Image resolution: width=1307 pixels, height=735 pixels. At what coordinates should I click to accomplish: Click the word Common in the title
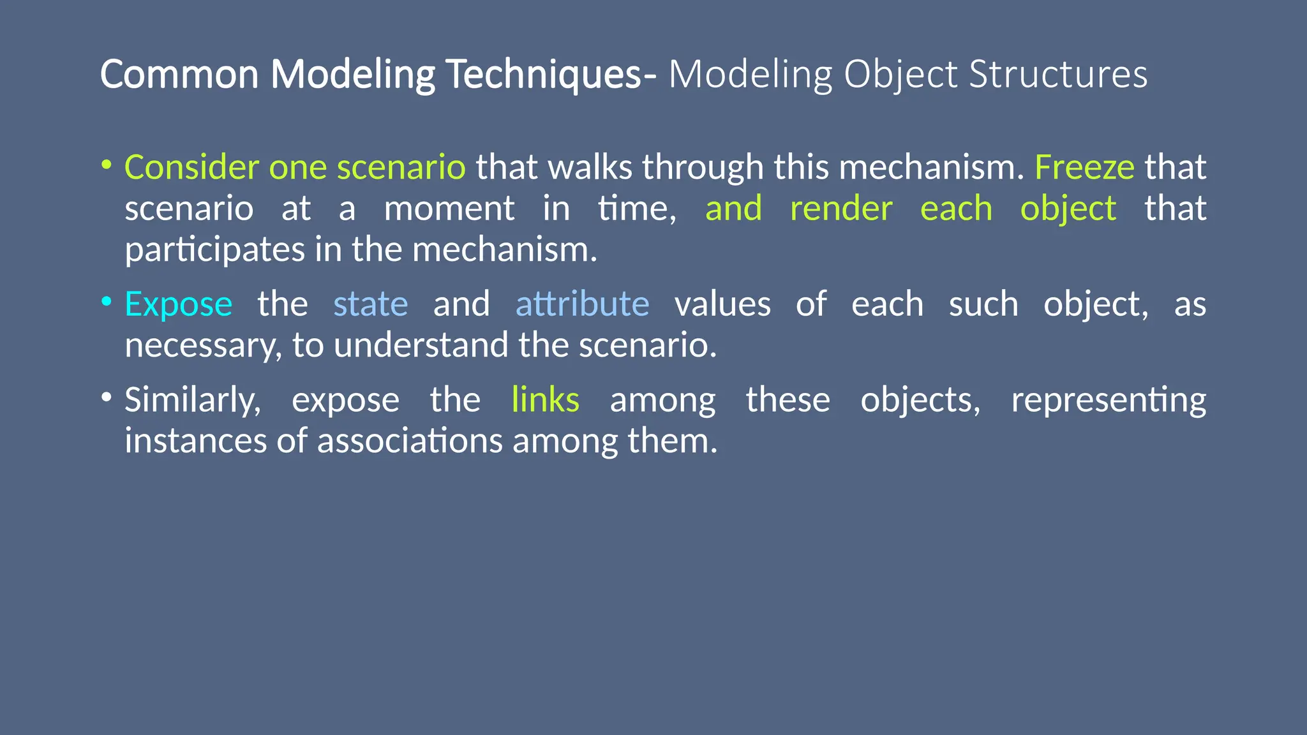coord(179,74)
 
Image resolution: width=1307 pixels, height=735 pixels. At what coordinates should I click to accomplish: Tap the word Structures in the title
coord(1058,74)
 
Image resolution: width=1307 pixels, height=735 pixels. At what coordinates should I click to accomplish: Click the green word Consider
coord(191,167)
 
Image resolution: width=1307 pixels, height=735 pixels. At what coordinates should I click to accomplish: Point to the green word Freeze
coord(1084,167)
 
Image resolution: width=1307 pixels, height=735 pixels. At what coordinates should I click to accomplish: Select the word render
coord(841,209)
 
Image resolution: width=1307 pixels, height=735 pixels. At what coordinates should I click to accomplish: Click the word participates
coord(214,249)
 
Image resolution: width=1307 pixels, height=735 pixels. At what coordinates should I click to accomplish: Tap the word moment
coord(449,209)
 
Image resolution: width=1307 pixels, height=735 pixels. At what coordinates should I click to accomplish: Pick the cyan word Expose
coord(179,304)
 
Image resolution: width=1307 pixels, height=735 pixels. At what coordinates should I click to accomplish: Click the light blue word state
coord(371,304)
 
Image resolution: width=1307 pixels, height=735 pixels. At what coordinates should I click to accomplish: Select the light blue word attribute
coord(582,304)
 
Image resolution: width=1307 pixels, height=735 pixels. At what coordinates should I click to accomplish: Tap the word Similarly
coord(192,400)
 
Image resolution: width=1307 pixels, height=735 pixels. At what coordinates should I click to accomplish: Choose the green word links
coord(546,400)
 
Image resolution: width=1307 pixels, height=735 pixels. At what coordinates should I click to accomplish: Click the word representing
coord(1109,400)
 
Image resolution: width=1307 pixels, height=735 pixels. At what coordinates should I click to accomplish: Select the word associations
coord(410,441)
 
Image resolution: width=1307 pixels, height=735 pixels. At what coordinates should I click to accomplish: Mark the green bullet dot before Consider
coord(107,165)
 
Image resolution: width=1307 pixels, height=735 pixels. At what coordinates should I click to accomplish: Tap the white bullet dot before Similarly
coord(107,397)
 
